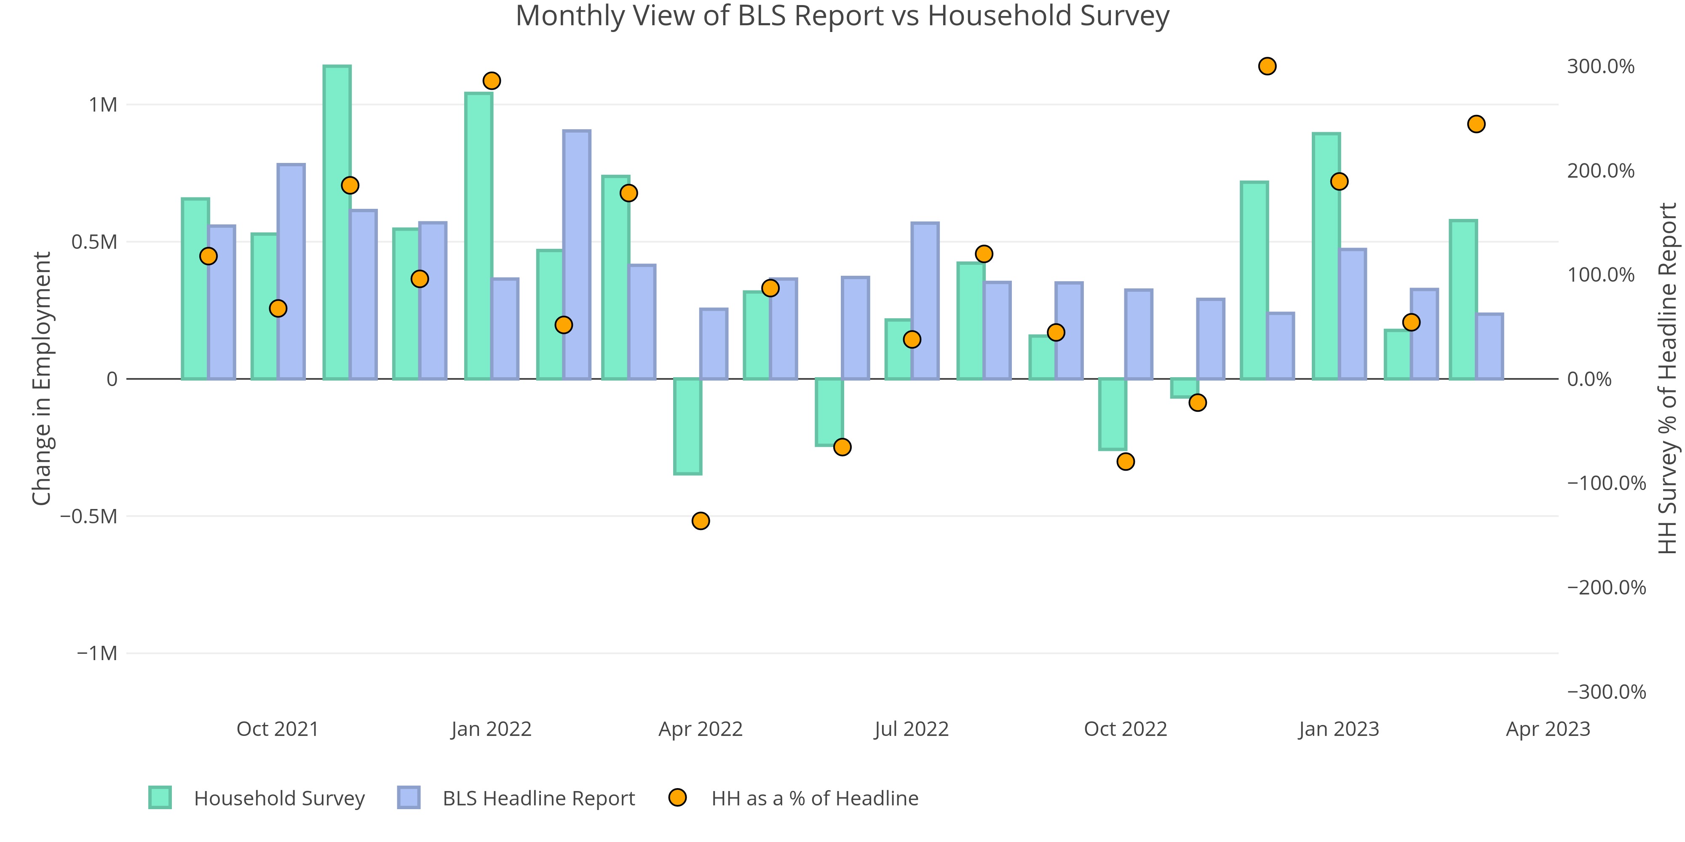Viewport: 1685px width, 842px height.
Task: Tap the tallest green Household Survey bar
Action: click(x=337, y=222)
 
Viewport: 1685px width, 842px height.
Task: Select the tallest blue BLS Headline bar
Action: click(x=576, y=255)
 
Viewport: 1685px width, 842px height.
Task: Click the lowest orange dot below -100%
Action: click(x=701, y=521)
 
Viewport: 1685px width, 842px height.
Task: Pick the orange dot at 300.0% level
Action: click(x=1267, y=66)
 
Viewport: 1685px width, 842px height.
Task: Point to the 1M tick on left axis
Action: click(x=103, y=104)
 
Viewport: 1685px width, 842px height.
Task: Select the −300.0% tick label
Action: click(x=1606, y=692)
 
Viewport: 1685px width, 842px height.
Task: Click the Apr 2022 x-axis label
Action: click(x=701, y=729)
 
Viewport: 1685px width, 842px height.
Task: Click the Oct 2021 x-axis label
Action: click(x=277, y=729)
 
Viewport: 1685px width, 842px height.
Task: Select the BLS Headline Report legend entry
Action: click(x=538, y=798)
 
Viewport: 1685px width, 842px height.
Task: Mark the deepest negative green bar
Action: click(x=687, y=426)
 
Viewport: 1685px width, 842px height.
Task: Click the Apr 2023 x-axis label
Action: click(x=1548, y=729)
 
